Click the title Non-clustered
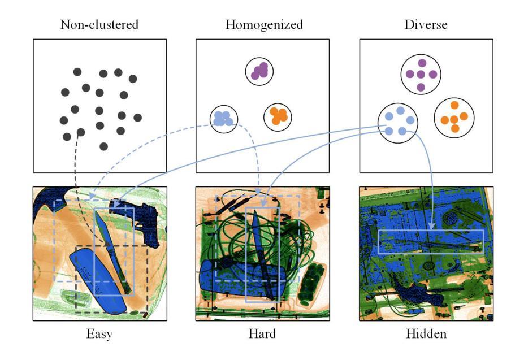click(99, 24)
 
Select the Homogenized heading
click(263, 24)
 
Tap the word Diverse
click(426, 24)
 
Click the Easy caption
click(99, 333)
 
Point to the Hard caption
click(262, 333)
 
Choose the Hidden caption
click(426, 333)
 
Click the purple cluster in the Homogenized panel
click(259, 71)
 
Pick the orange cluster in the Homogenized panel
click(278, 116)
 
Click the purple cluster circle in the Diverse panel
click(421, 75)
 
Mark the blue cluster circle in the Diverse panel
click(397, 123)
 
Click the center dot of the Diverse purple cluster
click(421, 75)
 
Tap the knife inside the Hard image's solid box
click(261, 249)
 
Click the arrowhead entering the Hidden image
click(432, 227)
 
